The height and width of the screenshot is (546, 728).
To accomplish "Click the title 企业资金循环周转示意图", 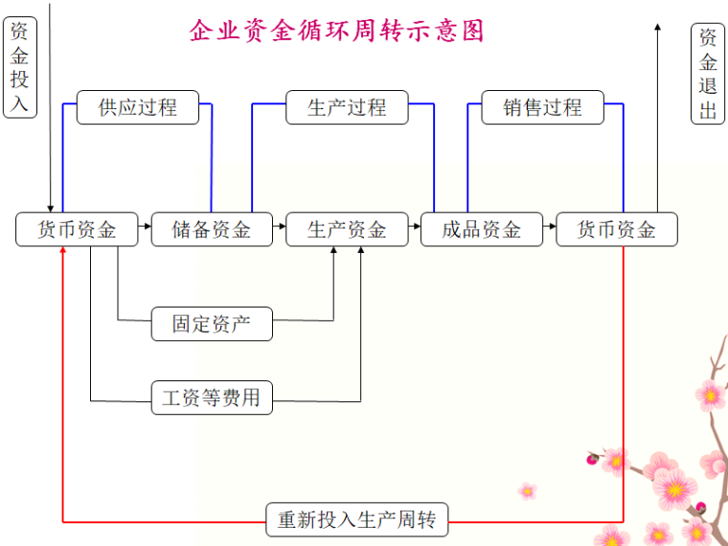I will [x=337, y=31].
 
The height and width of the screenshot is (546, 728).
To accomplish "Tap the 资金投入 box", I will [x=20, y=67].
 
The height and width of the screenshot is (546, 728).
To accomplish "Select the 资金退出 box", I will [x=708, y=74].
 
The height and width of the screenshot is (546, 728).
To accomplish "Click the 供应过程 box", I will [x=138, y=107].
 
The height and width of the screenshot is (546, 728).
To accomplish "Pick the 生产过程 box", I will [x=347, y=107].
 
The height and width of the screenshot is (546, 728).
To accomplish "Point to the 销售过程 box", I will [x=543, y=107].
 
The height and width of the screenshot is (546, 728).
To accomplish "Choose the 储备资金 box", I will [x=212, y=229].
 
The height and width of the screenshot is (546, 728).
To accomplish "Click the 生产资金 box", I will [x=347, y=229].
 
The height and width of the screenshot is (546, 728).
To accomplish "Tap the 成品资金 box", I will [x=482, y=229].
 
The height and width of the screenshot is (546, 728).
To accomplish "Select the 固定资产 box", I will [x=212, y=324].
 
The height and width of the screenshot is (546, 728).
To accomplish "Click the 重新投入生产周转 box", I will [x=356, y=520].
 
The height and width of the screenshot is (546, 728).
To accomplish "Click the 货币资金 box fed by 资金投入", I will [x=77, y=229].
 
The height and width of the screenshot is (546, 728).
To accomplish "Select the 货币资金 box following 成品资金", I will [x=617, y=229].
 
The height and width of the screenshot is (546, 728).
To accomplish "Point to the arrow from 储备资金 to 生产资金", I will [x=280, y=228].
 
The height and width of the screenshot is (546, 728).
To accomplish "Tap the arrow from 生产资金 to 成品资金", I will [x=415, y=228].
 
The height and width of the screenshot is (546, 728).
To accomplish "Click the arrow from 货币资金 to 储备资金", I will [x=145, y=228].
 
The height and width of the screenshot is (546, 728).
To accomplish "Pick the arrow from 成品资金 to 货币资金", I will [x=550, y=228].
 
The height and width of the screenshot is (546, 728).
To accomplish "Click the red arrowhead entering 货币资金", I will [x=63, y=251].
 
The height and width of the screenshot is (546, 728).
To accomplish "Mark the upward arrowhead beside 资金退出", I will [x=657, y=29].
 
